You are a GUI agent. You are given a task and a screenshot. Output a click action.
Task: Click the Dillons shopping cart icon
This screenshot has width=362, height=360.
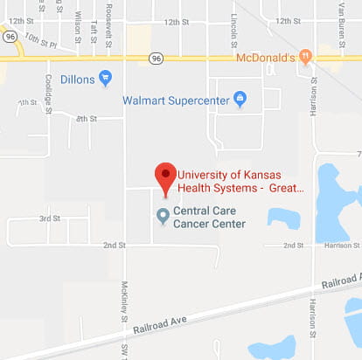point(106,79)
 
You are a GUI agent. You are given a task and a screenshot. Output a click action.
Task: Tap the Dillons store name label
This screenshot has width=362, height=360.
point(78,79)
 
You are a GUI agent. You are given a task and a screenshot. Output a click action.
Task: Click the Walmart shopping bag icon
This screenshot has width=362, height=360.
point(240,100)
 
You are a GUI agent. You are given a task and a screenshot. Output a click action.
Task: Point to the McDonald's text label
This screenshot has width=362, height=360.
point(267,57)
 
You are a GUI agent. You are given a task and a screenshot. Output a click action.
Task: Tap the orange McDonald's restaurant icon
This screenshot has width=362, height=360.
point(305,57)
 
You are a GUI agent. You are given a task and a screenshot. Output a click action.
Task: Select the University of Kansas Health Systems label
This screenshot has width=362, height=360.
point(240,179)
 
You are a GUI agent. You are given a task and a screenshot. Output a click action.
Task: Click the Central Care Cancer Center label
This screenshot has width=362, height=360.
point(209,217)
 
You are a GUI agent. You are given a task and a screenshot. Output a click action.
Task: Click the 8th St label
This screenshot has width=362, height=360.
point(86,118)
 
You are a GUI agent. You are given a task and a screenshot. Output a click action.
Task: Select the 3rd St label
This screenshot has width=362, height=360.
point(50,218)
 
